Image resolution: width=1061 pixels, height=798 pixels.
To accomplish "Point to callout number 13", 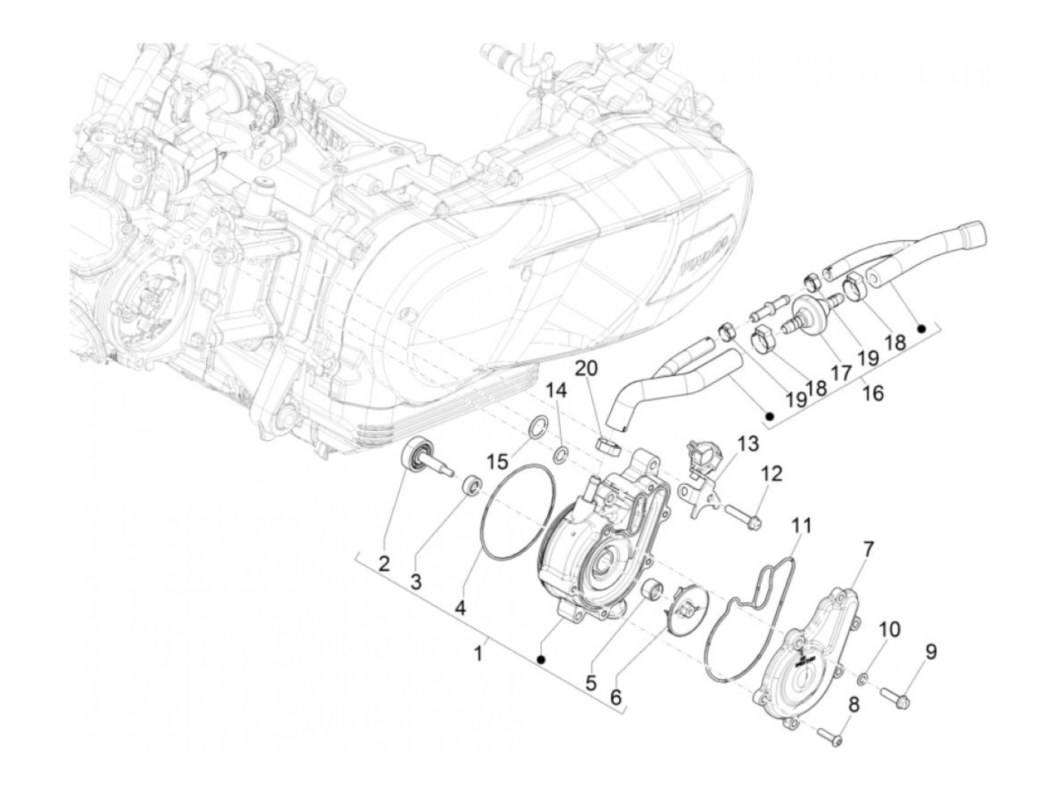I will coord(747,444).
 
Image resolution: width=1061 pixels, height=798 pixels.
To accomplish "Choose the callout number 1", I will coord(478,652).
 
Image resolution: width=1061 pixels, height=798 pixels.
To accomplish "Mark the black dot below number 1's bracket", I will coord(541,659).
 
